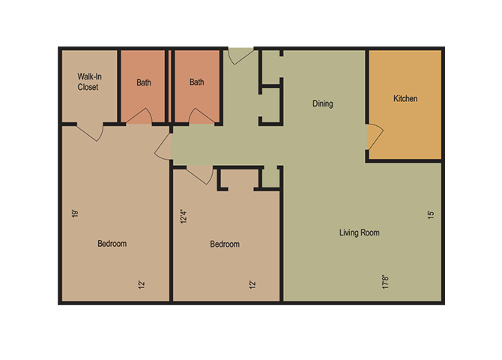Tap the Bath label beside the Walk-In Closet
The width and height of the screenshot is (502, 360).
[144, 82]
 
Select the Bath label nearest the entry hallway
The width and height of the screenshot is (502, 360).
[197, 82]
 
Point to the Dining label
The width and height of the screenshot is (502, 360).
[323, 104]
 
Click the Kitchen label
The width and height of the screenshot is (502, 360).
[405, 99]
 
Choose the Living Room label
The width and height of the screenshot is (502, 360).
[360, 232]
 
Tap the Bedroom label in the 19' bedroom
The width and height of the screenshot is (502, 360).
[112, 244]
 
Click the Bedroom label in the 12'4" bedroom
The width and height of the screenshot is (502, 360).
[225, 244]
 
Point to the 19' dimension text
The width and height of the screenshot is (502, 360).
[75, 214]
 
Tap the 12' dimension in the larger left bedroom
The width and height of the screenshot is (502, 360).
[140, 284]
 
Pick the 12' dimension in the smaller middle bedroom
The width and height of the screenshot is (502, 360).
[252, 284]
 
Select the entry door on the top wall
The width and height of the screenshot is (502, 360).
[241, 55]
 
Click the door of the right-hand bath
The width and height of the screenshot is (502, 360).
[202, 116]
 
